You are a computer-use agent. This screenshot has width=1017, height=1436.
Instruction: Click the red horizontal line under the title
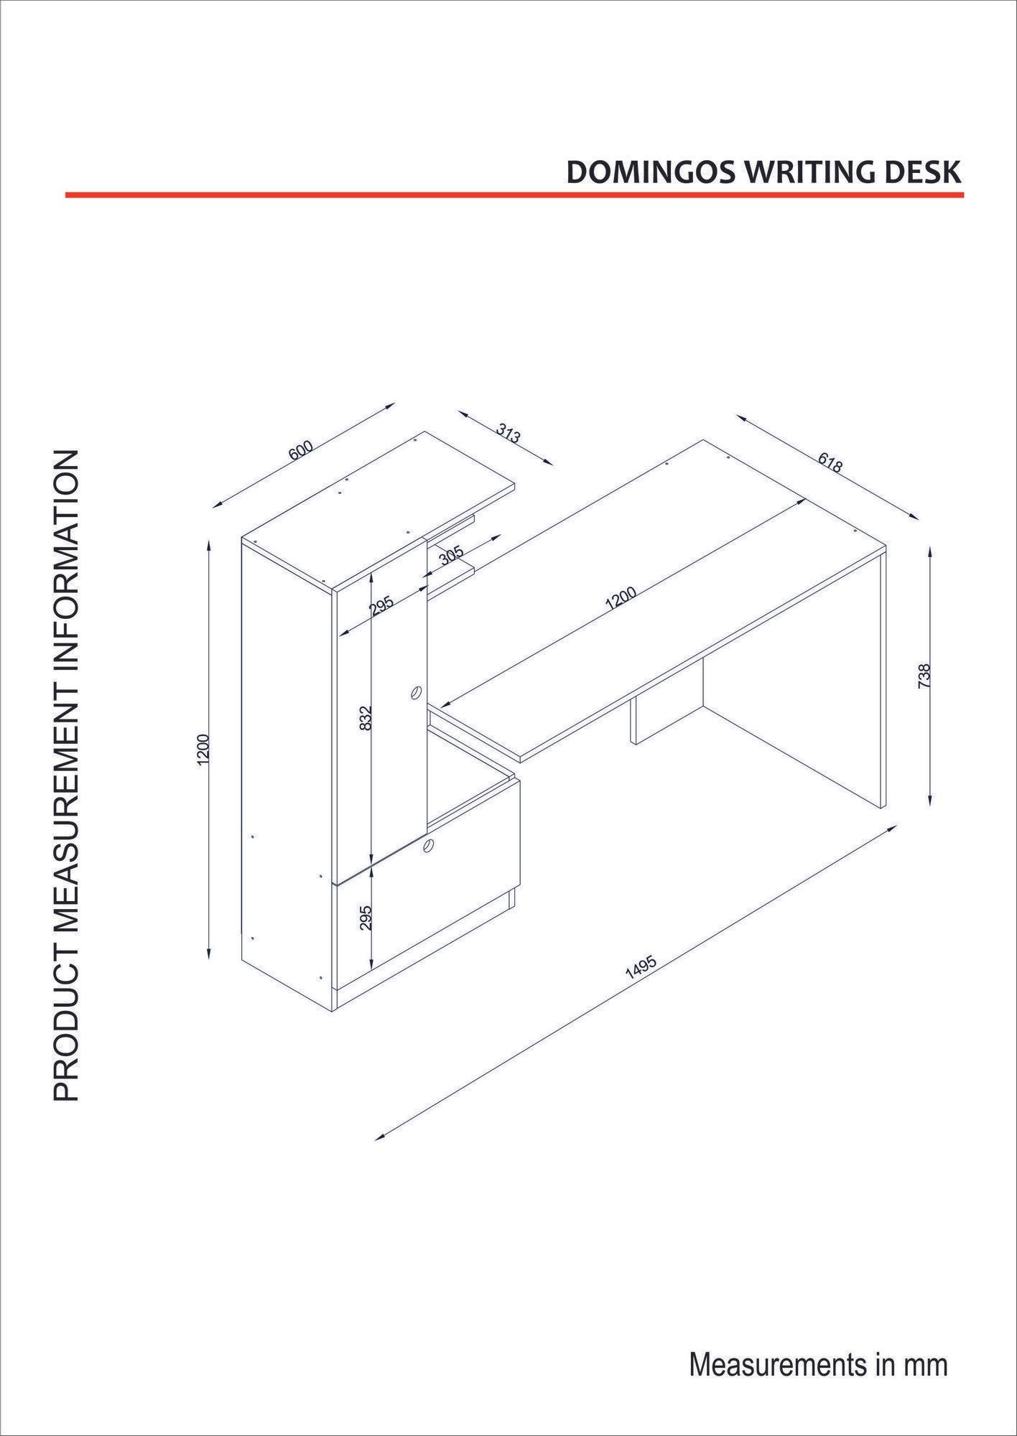click(514, 195)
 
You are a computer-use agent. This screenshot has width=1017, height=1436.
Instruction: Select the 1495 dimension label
click(641, 968)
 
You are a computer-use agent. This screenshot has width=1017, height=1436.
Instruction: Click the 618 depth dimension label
click(830, 462)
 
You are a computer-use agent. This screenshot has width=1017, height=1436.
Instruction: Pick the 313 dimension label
click(508, 434)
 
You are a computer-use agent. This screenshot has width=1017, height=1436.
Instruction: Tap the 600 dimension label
click(301, 451)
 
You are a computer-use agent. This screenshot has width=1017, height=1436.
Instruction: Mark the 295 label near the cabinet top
click(381, 607)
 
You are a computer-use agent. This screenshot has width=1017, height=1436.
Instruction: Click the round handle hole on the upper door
click(415, 693)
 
